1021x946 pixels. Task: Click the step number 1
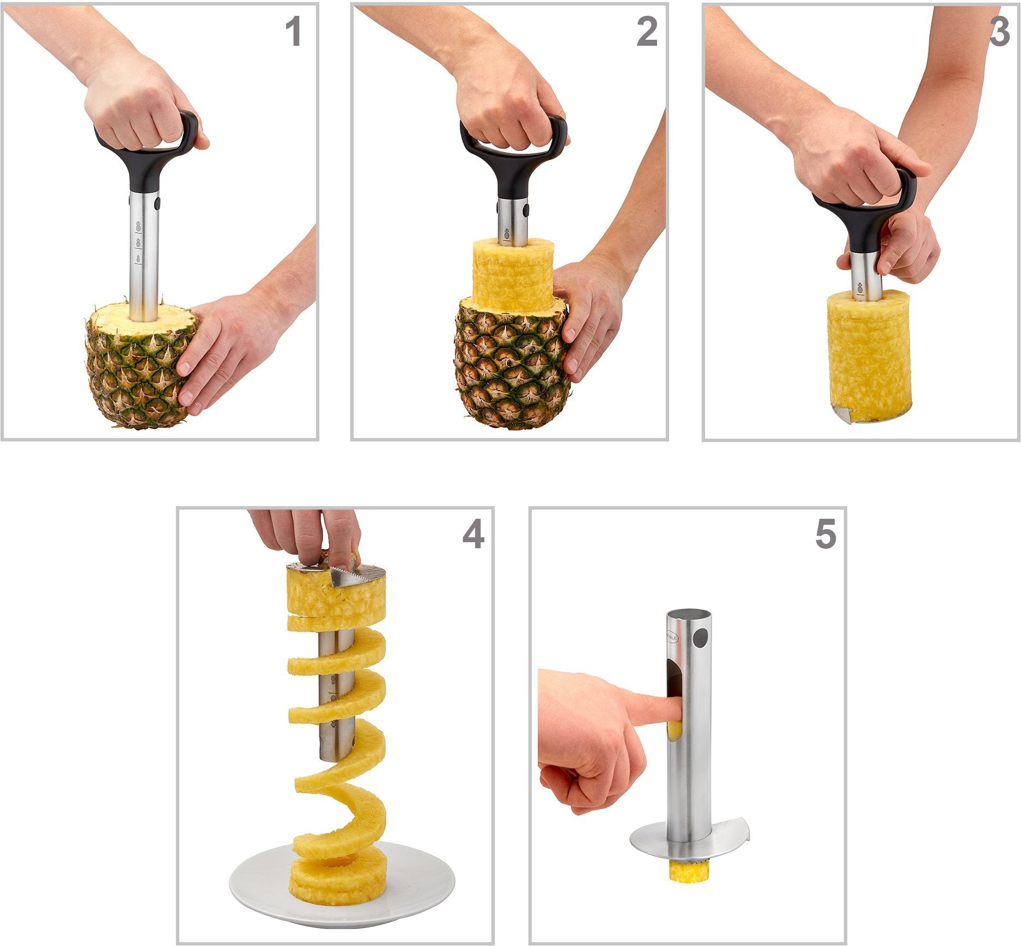pyautogui.click(x=294, y=32)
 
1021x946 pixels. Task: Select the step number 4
pyautogui.click(x=473, y=534)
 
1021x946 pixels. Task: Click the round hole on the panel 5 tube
pyautogui.click(x=702, y=636)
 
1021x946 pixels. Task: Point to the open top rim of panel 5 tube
pyautogui.click(x=689, y=614)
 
